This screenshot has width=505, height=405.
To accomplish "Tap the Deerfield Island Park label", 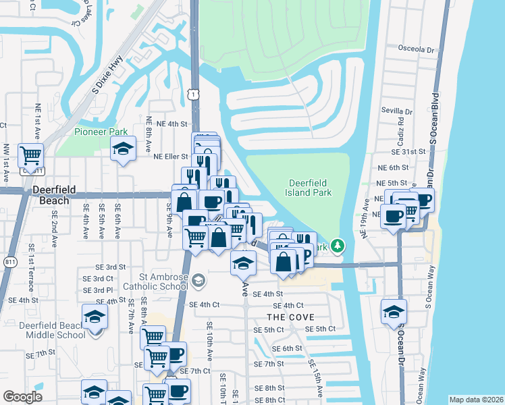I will [x=311, y=188].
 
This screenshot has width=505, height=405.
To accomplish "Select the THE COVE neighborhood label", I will [x=288, y=317].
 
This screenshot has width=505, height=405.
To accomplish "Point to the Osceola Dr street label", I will [x=417, y=49].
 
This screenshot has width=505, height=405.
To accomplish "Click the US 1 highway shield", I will [x=194, y=95].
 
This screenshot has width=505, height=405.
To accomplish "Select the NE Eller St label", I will [x=170, y=157].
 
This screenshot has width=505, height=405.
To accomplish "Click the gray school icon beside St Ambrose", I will [x=198, y=279].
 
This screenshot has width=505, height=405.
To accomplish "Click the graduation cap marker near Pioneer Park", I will [x=123, y=149].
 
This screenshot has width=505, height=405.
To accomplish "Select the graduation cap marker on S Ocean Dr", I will [x=394, y=311].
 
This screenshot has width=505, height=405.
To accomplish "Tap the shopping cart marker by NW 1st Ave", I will [x=31, y=156].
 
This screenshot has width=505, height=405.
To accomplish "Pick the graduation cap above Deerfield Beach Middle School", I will [x=95, y=316].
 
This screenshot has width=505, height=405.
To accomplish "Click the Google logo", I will [x=23, y=397].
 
